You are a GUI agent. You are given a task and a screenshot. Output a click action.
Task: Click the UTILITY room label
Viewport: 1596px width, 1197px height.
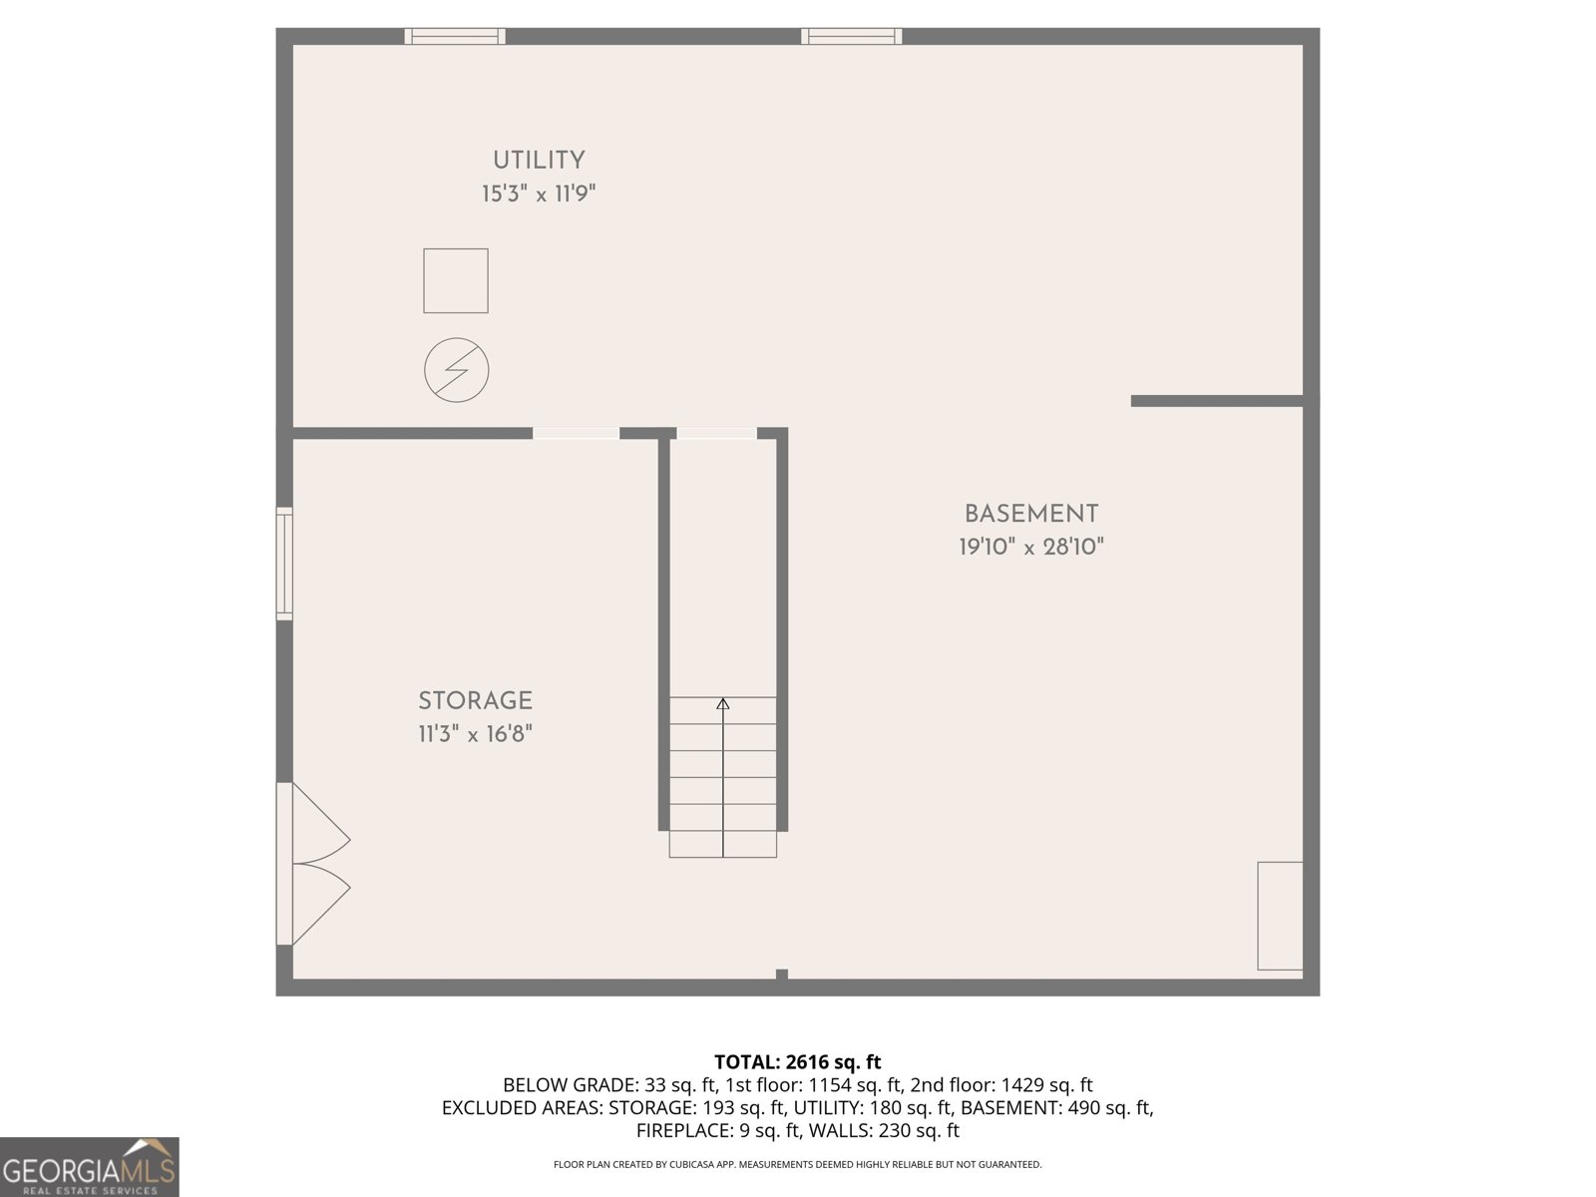pyautogui.click(x=539, y=161)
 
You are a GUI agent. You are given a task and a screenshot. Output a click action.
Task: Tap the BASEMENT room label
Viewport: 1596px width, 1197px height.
pyautogui.click(x=1031, y=515)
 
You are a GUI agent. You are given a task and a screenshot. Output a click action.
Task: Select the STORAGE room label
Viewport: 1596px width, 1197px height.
pyautogui.click(x=475, y=701)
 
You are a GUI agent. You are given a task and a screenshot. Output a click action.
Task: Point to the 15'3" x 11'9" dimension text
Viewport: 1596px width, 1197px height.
pyautogui.click(x=539, y=194)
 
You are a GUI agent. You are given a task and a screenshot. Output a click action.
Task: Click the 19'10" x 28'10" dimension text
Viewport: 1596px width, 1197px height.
pyautogui.click(x=1031, y=548)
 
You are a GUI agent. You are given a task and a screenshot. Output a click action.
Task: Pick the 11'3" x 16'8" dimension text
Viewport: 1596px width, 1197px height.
pyautogui.click(x=475, y=735)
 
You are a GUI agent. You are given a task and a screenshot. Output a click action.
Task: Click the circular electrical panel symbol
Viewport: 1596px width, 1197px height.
pyautogui.click(x=457, y=370)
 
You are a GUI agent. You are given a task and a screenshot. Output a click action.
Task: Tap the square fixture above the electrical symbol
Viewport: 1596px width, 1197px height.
pyautogui.click(x=456, y=281)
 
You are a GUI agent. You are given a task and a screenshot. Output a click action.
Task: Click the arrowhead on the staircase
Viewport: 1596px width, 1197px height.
pyautogui.click(x=723, y=704)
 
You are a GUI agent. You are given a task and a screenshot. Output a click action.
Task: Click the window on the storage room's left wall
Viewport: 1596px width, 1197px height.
pyautogui.click(x=284, y=564)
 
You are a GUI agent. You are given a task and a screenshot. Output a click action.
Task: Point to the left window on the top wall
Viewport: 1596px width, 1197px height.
pyautogui.click(x=455, y=37)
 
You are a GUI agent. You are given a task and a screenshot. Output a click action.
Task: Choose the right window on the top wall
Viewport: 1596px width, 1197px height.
pyautogui.click(x=852, y=37)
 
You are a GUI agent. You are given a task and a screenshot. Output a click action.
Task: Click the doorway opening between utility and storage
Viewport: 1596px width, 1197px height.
pyautogui.click(x=576, y=433)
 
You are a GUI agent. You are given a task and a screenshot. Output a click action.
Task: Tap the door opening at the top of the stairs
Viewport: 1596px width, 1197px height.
pyautogui.click(x=716, y=433)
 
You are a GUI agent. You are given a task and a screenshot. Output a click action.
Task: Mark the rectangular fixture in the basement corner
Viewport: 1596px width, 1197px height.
pyautogui.click(x=1280, y=916)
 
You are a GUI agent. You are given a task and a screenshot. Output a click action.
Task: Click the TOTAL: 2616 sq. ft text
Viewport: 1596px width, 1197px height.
pyautogui.click(x=798, y=1062)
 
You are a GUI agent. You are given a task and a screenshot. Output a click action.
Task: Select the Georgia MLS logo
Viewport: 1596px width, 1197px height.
pyautogui.click(x=90, y=1167)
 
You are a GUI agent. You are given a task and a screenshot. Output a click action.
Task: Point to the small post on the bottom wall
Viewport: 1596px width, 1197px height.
pyautogui.click(x=782, y=975)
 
